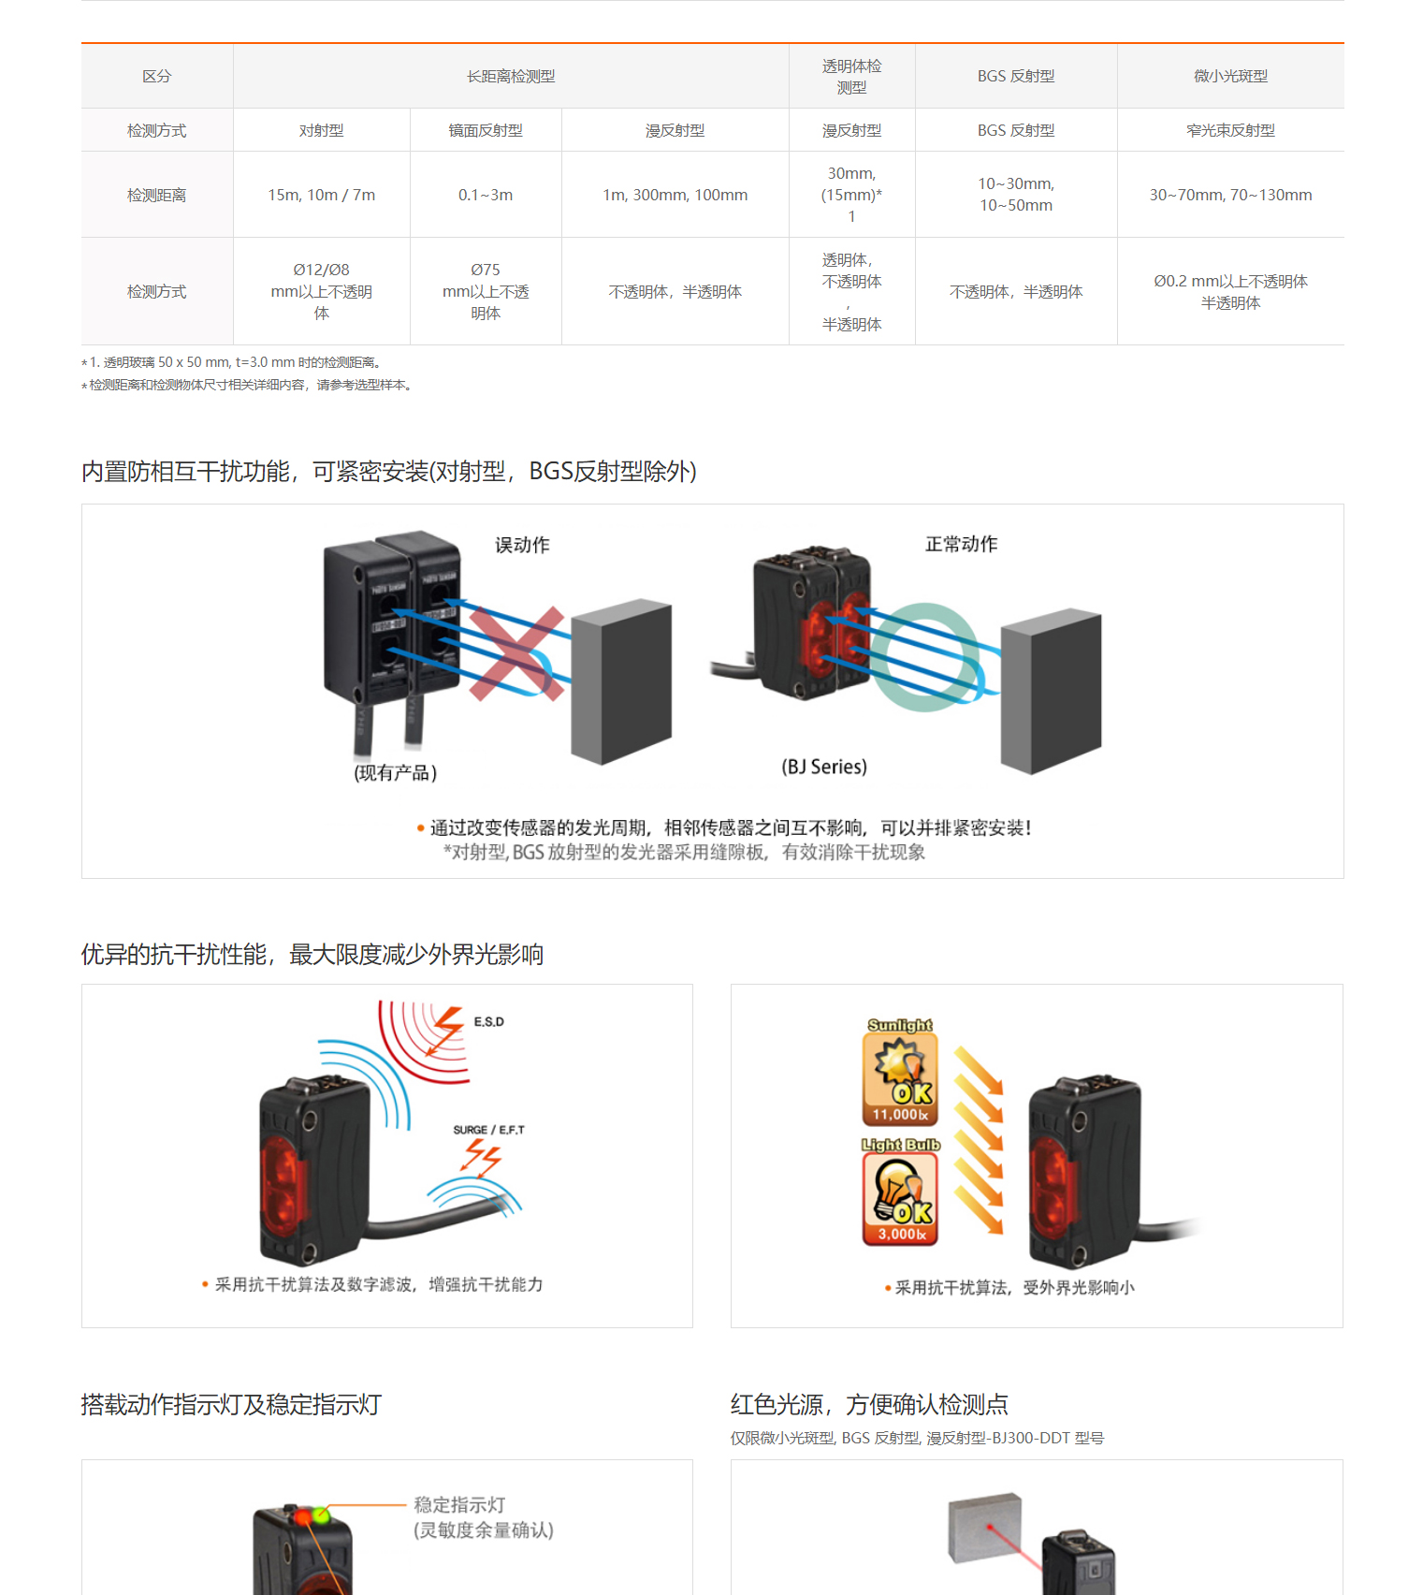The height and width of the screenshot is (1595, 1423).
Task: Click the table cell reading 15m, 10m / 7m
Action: point(321,195)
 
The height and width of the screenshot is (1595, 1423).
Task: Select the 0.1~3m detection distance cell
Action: point(485,195)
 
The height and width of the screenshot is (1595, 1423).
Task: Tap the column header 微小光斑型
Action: point(1230,76)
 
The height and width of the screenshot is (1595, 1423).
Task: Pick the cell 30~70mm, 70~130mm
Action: point(1230,195)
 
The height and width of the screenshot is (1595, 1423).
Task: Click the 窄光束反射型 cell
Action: point(1230,130)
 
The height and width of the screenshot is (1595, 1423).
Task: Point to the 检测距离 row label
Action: point(156,195)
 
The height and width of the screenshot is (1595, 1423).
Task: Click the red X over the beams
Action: point(516,653)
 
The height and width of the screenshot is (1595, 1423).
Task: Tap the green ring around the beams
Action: point(926,657)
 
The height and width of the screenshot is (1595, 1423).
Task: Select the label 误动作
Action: point(522,545)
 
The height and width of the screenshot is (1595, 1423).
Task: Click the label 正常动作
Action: point(961,544)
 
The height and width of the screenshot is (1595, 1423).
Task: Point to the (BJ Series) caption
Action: point(823,767)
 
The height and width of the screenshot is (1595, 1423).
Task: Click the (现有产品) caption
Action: point(395,772)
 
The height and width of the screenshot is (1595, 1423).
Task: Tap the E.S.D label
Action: point(488,1021)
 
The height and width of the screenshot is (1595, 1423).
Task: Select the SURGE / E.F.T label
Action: point(488,1130)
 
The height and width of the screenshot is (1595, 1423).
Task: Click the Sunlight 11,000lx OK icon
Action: point(900,1072)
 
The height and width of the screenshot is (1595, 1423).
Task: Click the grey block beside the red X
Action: point(621,681)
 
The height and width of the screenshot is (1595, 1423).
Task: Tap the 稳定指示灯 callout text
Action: point(459,1505)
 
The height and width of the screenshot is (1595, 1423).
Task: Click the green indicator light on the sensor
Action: point(322,1515)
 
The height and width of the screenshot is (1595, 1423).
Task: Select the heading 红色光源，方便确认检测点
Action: point(869,1404)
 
